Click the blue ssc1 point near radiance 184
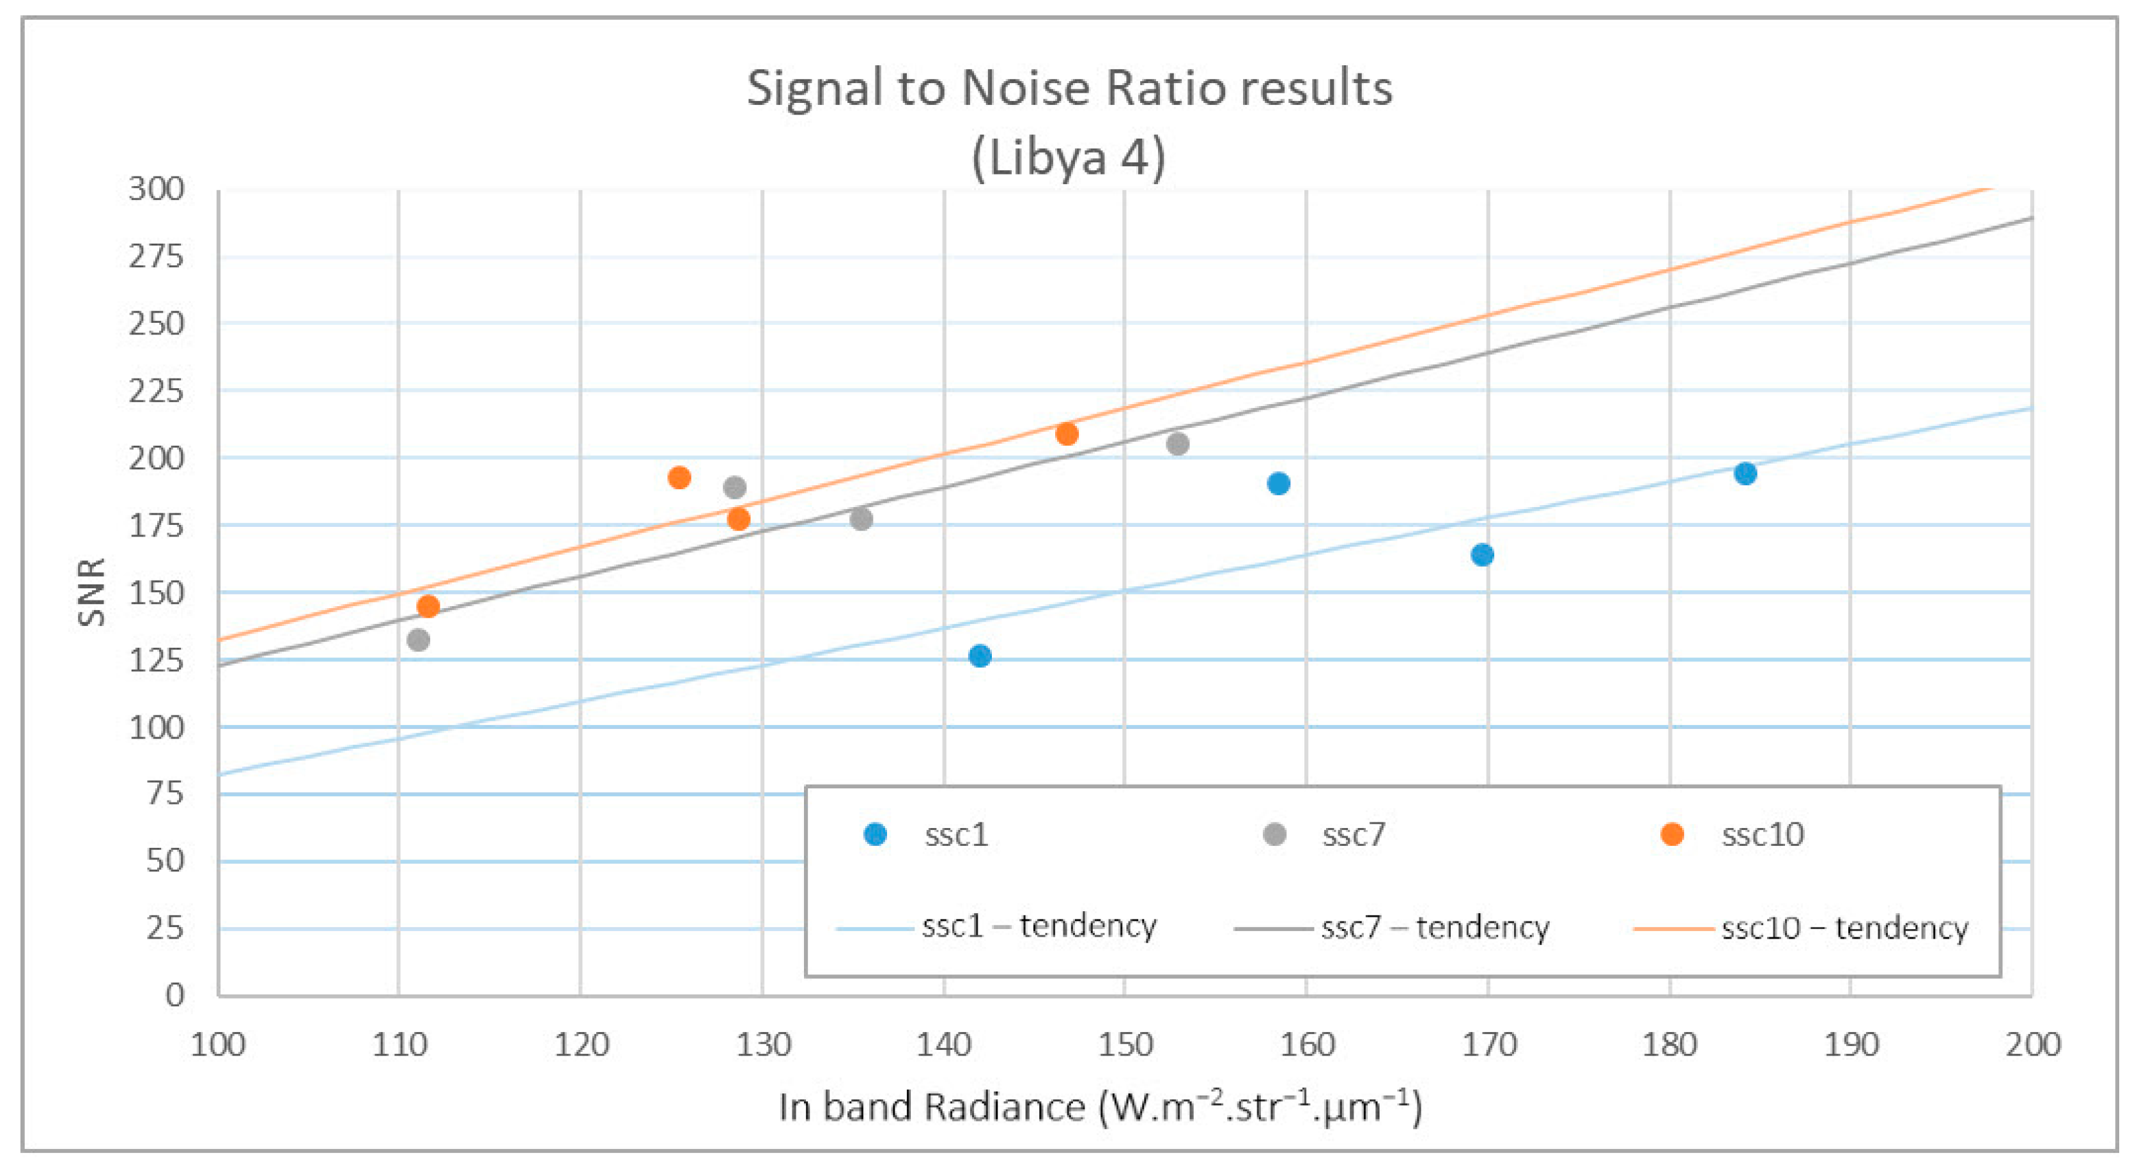pos(1745,474)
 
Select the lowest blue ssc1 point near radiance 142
pos(979,656)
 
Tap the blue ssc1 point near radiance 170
pos(1481,555)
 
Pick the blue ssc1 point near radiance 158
pos(1278,483)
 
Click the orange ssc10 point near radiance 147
pos(1066,434)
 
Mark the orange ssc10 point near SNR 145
pos(428,606)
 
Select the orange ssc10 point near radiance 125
pos(679,478)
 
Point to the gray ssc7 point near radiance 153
pos(1177,444)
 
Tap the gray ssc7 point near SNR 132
pos(418,640)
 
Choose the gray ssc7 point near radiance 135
pos(861,519)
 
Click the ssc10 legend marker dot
pos(1672,834)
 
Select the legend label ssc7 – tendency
pos(1434,927)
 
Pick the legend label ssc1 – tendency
pos(1039,926)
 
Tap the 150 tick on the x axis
pos(1125,1045)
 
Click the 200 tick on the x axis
pos(2032,1045)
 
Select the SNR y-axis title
pos(91,591)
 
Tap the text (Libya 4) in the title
pos(1069,157)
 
